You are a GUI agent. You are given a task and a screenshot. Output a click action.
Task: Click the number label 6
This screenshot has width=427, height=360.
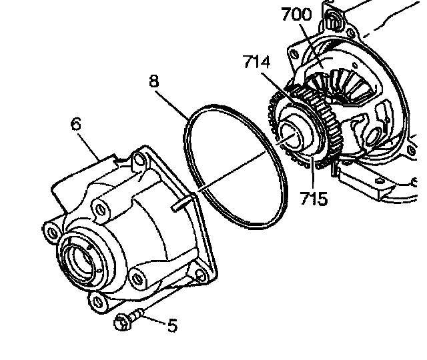pos(76,125)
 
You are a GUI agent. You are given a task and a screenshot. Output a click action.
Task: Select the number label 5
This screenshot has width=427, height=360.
pos(172,325)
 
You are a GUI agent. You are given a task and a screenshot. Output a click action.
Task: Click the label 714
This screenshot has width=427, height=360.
pos(256,63)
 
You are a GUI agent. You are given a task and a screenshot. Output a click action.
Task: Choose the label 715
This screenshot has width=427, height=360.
pos(314,198)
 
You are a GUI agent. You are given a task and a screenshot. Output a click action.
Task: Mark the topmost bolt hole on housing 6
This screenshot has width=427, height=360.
pos(139,160)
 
